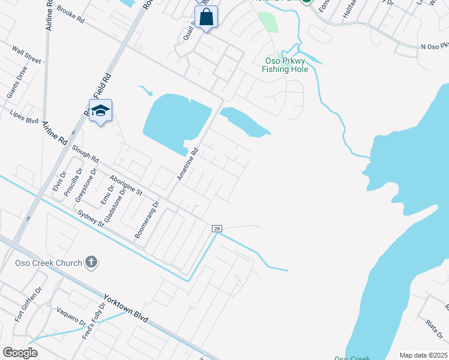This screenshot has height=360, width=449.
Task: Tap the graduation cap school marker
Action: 100,111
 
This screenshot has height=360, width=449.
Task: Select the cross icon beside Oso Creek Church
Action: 91,262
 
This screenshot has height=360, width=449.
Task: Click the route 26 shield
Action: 217,229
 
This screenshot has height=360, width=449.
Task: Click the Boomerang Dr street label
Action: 146,220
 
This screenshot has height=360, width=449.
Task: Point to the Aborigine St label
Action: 126,185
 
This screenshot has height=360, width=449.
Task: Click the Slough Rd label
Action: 85,154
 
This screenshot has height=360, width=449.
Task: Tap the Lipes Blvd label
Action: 24,116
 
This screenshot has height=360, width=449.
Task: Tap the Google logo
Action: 20,353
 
